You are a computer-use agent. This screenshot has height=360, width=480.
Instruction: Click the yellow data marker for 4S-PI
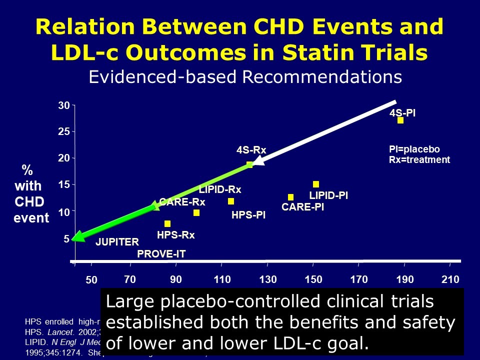click(400, 120)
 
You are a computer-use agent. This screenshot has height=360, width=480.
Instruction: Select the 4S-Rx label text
click(251, 150)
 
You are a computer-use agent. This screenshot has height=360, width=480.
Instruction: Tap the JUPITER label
click(117, 242)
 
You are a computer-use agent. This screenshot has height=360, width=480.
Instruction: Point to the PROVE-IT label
click(161, 254)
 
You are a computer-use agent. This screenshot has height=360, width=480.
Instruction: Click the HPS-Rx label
click(175, 234)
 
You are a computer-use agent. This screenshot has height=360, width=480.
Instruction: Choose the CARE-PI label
click(303, 207)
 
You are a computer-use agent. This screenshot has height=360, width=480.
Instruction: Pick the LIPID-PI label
click(328, 196)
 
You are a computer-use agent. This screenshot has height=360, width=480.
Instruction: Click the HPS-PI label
click(248, 215)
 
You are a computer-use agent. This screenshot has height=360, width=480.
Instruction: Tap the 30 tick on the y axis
click(63, 105)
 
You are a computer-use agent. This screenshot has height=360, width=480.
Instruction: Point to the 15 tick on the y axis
click(63, 185)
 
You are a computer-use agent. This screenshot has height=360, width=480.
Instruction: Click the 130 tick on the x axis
click(268, 279)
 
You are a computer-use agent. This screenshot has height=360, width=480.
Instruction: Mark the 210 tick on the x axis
click(450, 279)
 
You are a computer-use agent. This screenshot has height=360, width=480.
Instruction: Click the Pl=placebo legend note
click(414, 149)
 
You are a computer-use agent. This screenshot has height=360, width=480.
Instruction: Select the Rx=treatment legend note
click(419, 160)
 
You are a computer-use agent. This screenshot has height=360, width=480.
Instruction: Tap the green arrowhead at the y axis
click(77, 238)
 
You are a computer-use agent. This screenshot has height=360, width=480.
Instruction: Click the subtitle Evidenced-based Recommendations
click(245, 76)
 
